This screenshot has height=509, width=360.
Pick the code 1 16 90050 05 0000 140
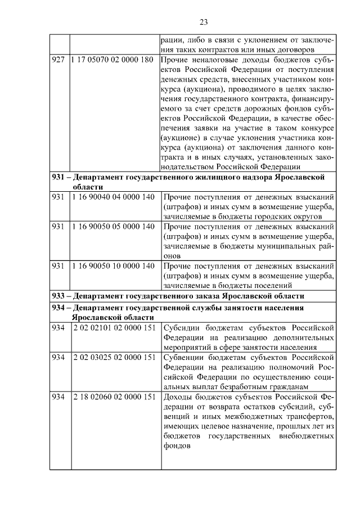coord(112,226)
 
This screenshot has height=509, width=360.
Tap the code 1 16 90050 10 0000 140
coord(112,265)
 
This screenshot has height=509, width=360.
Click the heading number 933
coord(58,295)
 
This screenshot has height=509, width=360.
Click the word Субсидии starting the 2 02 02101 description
coord(181,327)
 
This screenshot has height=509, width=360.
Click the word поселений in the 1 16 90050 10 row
coord(268,285)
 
